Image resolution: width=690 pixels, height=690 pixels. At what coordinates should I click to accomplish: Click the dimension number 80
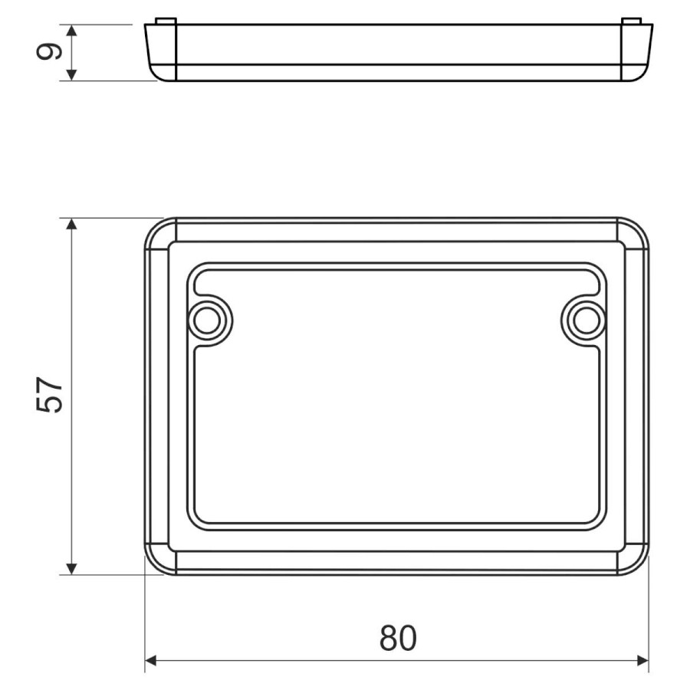[398, 638]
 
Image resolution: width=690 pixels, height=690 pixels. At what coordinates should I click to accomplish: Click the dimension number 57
[49, 394]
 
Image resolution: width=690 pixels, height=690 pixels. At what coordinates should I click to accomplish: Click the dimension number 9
[48, 52]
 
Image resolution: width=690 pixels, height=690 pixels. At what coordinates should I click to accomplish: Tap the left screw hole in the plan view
[207, 320]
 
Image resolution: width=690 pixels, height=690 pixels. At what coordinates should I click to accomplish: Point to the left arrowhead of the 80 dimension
[151, 661]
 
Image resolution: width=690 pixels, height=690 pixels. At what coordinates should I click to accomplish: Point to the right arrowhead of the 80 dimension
[643, 661]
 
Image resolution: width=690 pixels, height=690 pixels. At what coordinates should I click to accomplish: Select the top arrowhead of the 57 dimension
[72, 224]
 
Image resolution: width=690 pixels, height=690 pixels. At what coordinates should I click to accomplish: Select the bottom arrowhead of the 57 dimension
[72, 569]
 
